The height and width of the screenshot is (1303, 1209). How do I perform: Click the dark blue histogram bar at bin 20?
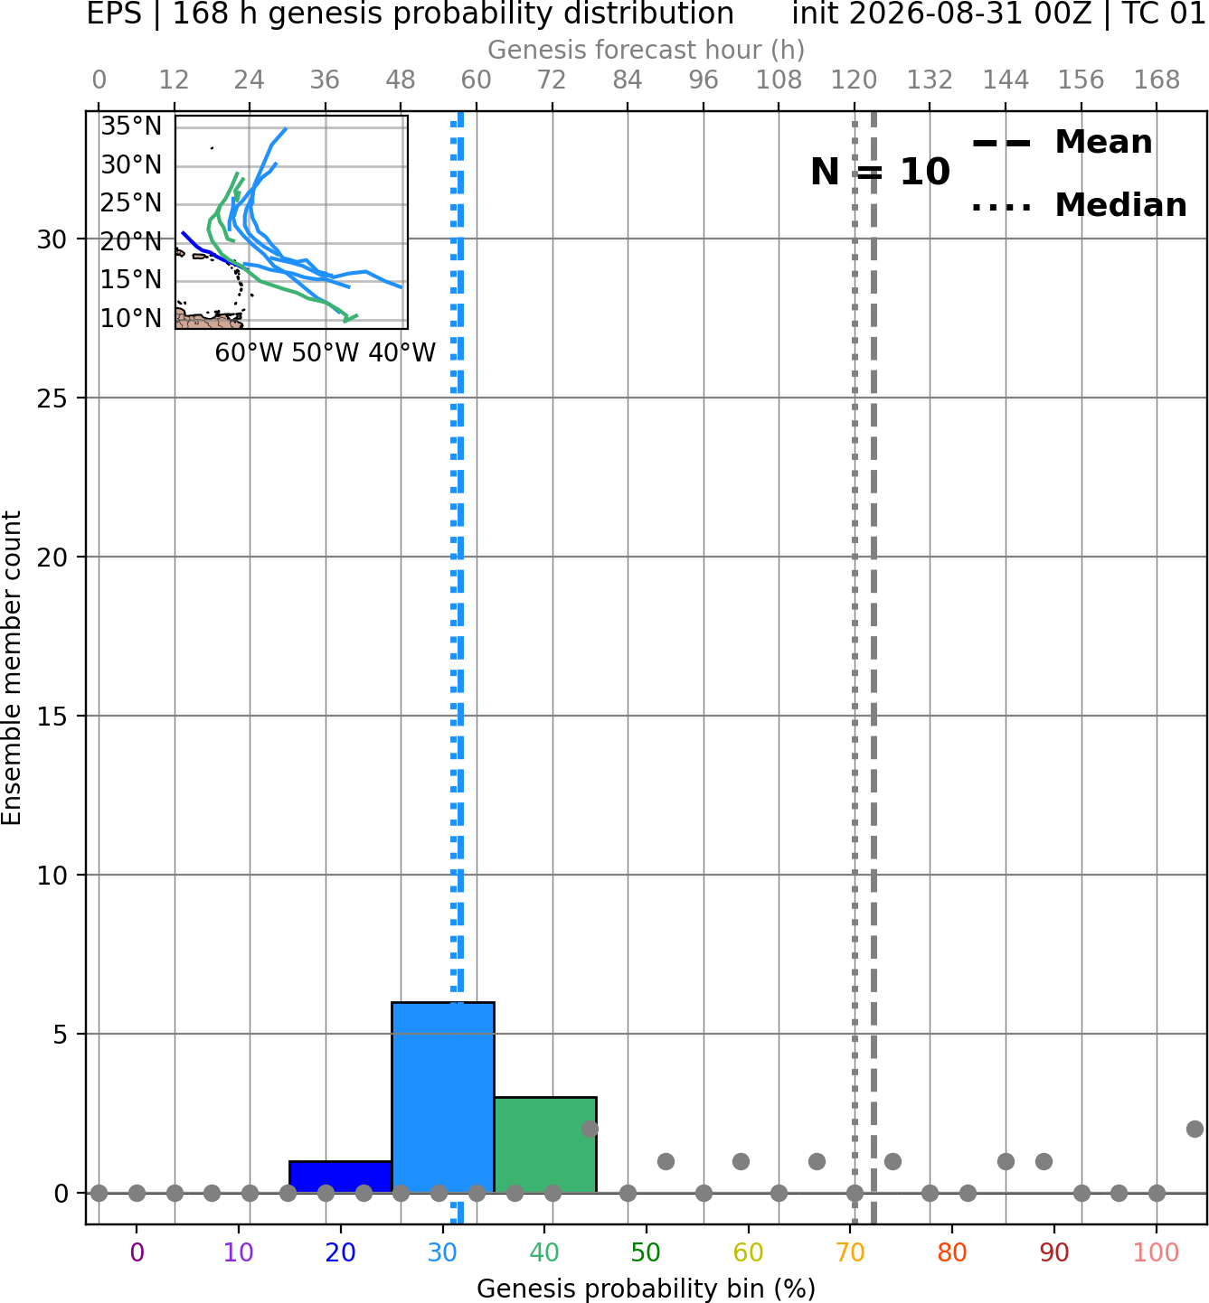341,1176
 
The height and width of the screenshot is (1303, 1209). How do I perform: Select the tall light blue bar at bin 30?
443,1097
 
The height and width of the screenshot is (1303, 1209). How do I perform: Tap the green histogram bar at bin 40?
545,1145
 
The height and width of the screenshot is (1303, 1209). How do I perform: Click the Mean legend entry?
1062,143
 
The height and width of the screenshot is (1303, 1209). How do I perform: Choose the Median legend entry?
1079,205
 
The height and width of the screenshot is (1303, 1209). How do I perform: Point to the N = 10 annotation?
880,172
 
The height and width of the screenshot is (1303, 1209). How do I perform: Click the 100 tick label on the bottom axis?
1157,1252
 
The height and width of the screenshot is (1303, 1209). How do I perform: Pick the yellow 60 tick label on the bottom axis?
748,1252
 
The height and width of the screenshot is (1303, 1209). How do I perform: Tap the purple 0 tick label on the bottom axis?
137,1252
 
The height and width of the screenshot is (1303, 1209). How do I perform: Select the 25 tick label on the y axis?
52,398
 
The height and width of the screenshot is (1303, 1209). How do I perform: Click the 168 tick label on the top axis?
1157,80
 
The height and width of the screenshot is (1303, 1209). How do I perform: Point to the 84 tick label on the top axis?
628,80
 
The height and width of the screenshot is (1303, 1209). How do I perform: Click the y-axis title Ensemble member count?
11,668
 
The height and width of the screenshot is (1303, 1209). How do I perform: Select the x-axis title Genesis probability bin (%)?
647,1288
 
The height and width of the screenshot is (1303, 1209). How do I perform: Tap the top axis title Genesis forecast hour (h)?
647,50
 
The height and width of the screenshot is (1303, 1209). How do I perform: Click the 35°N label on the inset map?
131,126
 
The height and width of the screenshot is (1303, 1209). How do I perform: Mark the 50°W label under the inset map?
325,353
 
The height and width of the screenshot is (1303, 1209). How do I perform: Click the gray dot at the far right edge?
1195,1130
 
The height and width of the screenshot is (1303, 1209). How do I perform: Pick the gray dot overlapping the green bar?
590,1130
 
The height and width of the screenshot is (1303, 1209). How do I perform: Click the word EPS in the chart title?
114,14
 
